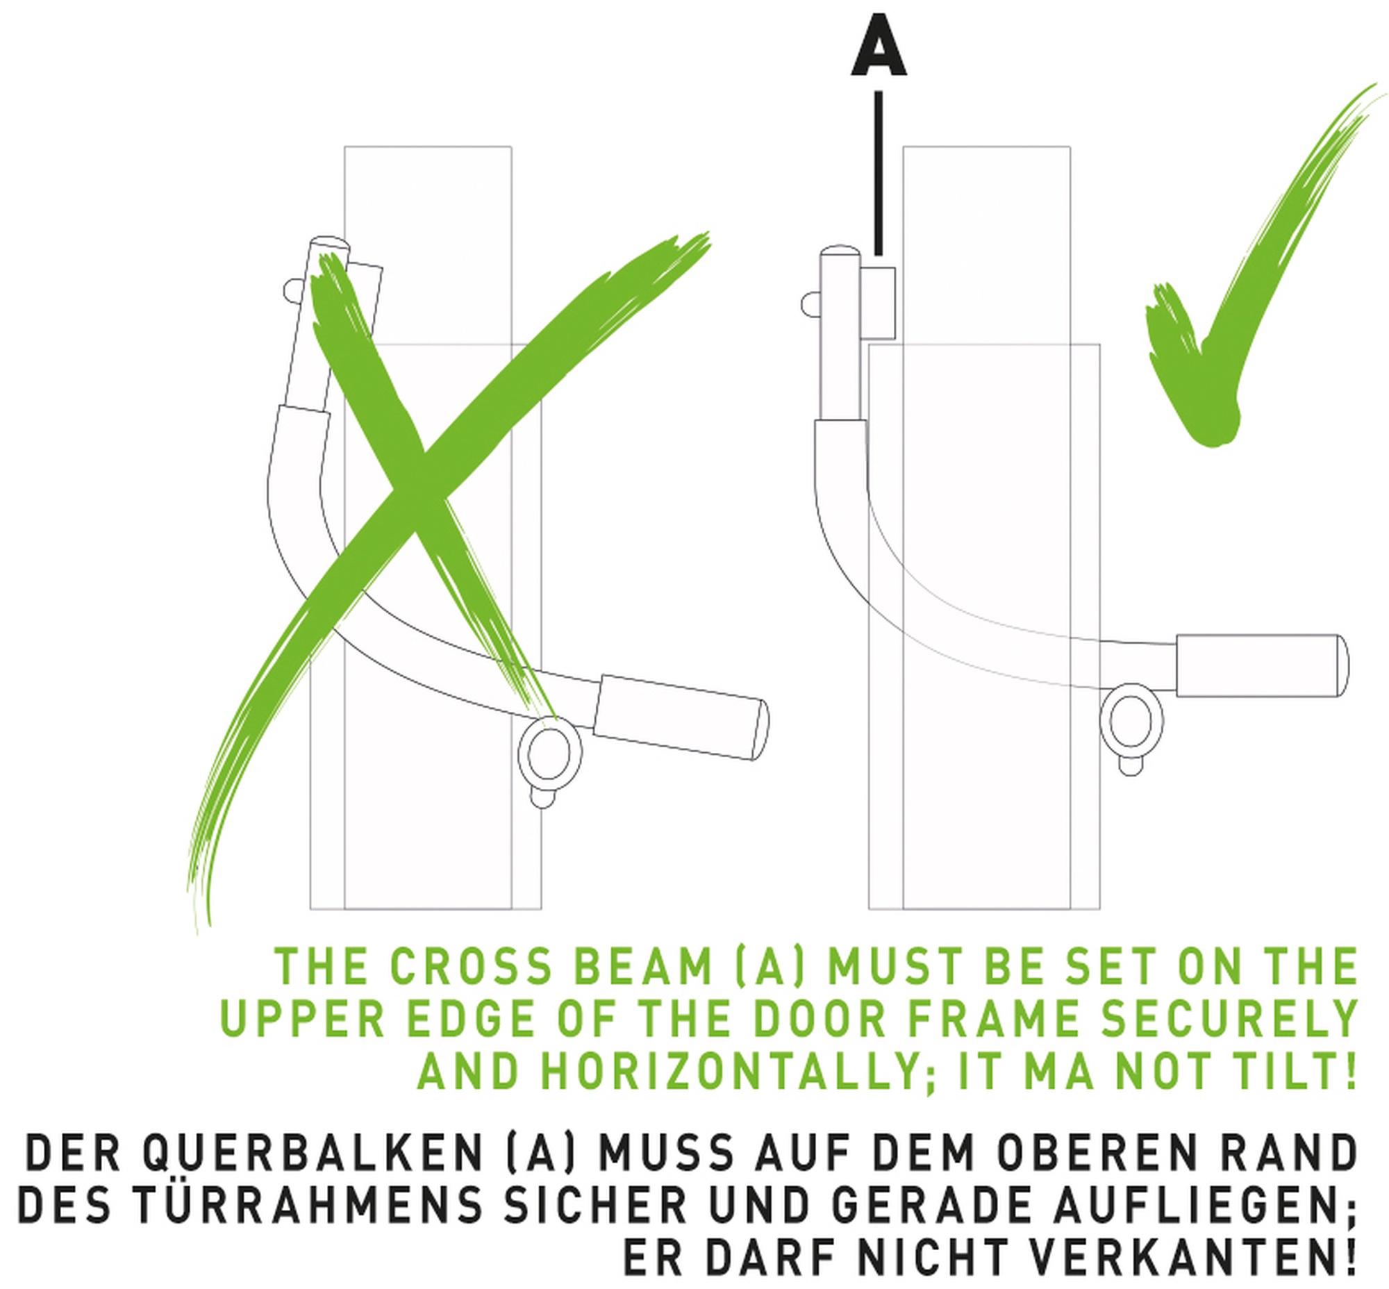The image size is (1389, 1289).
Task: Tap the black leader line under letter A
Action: (x=879, y=174)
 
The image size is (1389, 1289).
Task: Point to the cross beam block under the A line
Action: (x=879, y=303)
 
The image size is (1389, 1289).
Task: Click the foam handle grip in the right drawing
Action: (x=1262, y=665)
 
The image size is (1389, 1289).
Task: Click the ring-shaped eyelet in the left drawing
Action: (x=549, y=754)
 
